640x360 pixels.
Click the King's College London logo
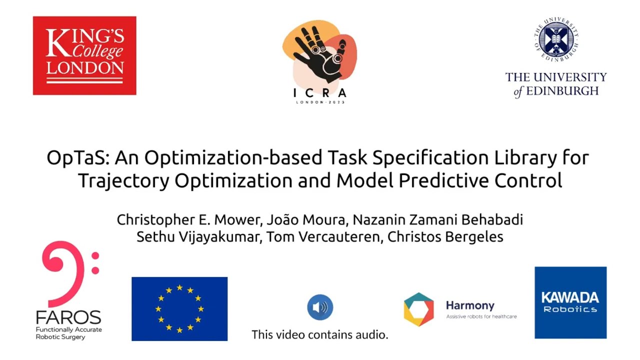[84, 55]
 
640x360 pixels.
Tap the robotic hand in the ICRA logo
[320, 53]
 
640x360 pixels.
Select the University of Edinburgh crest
[556, 39]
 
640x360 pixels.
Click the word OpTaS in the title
[78, 157]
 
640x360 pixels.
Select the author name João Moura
[306, 219]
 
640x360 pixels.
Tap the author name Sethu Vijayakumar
[197, 237]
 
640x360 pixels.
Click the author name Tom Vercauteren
[323, 237]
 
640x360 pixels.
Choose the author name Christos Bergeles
[445, 237]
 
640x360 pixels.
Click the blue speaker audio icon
[320, 307]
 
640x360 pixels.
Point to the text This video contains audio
[319, 334]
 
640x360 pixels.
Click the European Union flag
[179, 309]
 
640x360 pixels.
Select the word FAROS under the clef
[68, 317]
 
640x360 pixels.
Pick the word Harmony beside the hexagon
[470, 305]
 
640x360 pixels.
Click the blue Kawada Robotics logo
[570, 302]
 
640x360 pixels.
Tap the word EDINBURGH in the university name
[562, 91]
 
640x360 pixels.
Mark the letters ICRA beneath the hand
[320, 93]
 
